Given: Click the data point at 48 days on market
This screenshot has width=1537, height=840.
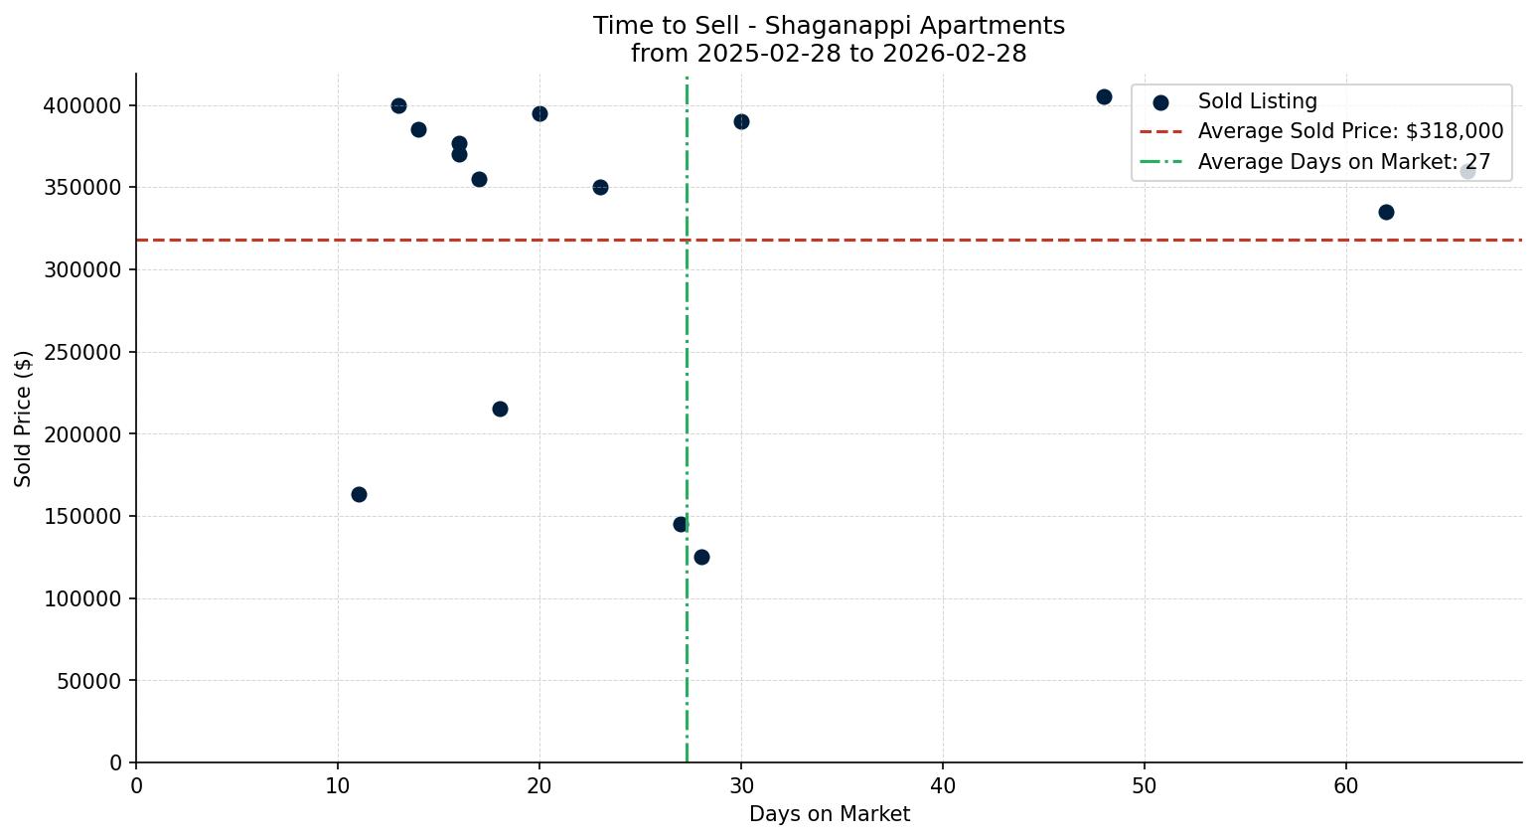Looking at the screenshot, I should point(1104,96).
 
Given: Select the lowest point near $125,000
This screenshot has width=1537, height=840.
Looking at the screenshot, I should point(701,557).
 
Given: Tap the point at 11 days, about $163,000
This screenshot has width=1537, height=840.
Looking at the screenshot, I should point(359,494).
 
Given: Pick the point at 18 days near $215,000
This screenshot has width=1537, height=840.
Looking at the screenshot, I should point(500,409).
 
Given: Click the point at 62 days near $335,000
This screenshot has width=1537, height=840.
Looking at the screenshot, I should point(1386,212).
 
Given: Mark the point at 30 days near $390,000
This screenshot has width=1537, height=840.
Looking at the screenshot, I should point(741,121).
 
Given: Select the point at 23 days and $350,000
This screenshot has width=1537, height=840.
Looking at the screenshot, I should point(600,187).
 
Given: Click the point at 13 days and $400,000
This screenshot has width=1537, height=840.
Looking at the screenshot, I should point(398,105).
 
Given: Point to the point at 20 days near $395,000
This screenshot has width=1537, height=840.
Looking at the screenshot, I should point(539,113).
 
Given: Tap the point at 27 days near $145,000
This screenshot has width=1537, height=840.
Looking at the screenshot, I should point(681,524).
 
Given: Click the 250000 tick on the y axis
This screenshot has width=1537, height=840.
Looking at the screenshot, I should point(82,352).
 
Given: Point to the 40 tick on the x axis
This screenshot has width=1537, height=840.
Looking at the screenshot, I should point(943,786).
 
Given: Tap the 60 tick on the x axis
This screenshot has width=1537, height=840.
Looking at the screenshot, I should point(1346,786).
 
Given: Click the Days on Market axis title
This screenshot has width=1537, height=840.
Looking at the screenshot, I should point(829,814).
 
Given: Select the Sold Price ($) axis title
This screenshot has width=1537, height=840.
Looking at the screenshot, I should point(23,418).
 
